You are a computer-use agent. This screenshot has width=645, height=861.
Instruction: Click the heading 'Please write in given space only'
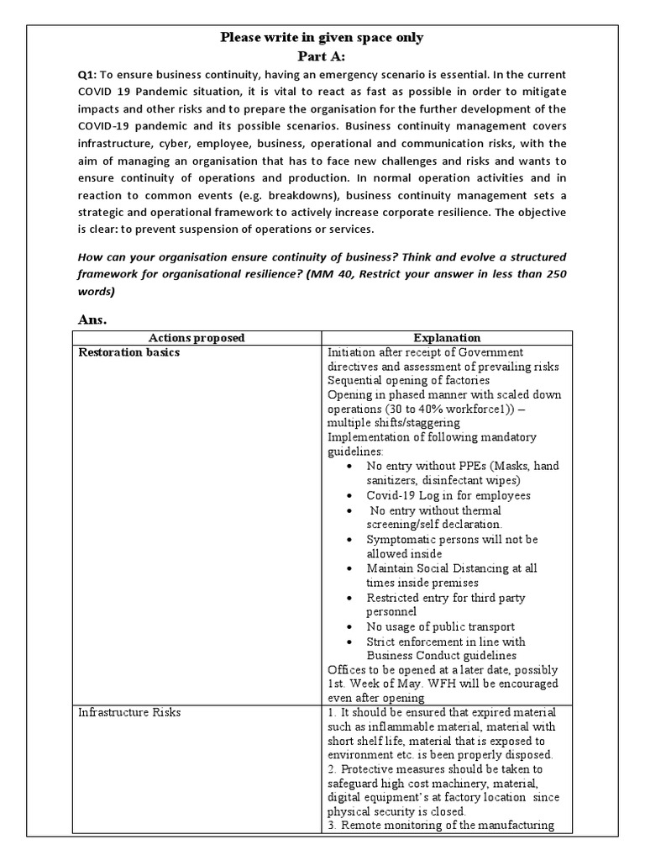click(x=322, y=37)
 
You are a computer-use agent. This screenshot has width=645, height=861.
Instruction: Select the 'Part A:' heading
click(x=322, y=56)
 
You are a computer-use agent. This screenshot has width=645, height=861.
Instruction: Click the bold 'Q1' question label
click(x=87, y=76)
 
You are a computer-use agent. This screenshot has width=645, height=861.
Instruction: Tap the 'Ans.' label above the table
click(x=92, y=320)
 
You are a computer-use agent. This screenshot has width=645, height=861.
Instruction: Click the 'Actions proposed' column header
click(x=197, y=338)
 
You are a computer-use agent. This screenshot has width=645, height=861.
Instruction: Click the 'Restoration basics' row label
click(x=128, y=352)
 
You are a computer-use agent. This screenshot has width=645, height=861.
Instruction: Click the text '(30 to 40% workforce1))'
click(x=393, y=409)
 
